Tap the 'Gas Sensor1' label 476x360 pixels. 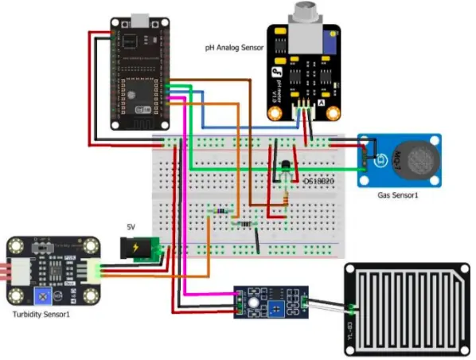(400, 195)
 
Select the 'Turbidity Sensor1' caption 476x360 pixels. (45, 315)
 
